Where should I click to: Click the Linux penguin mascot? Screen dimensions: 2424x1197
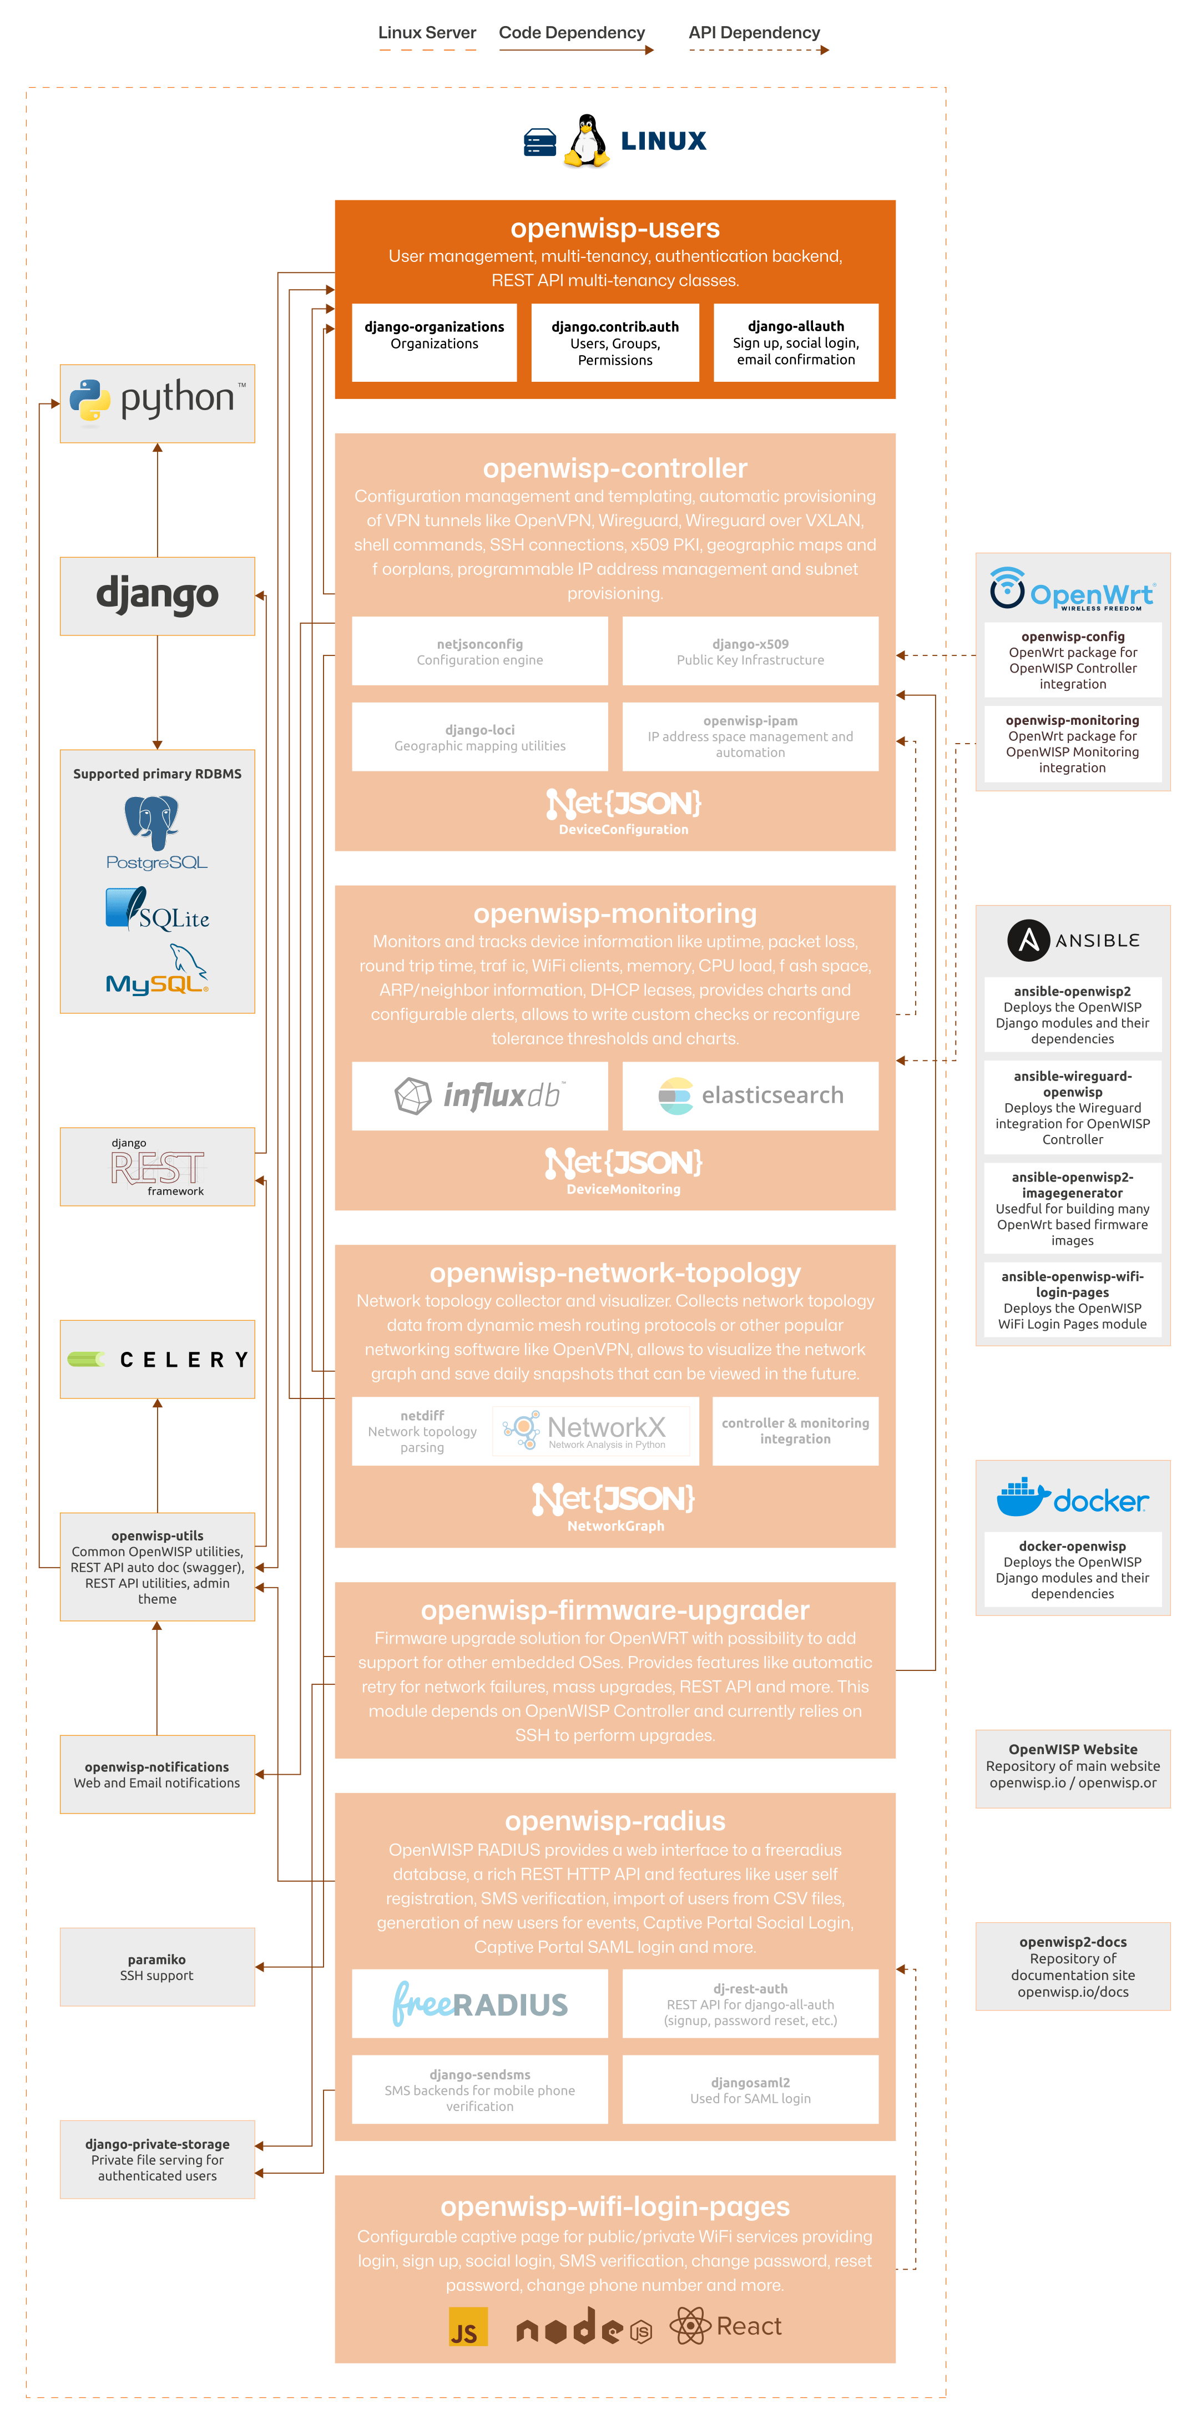586,141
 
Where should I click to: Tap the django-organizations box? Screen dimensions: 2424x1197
434,342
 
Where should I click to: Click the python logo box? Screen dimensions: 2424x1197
157,403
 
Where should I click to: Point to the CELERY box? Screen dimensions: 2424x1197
157,1359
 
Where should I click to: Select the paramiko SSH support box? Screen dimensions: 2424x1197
157,1967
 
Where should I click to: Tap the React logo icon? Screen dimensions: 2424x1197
690,2326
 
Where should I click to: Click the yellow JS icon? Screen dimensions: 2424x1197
468,2328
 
